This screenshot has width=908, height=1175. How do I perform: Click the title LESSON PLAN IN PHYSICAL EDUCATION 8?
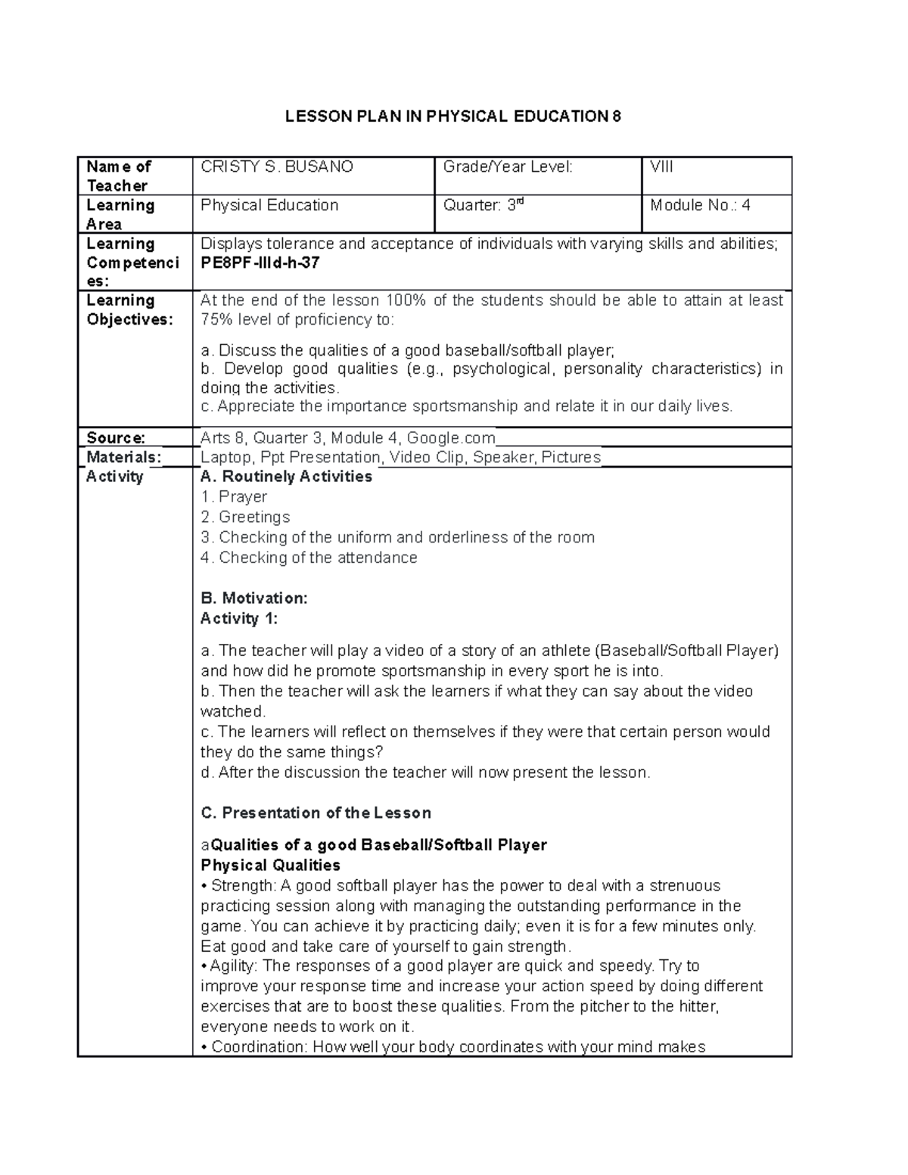tap(452, 117)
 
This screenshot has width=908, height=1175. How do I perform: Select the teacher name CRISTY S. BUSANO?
tap(277, 167)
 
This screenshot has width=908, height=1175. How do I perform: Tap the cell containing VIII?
tap(661, 167)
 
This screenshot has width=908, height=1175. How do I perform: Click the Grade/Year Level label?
tap(508, 167)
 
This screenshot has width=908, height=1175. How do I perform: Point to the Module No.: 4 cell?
tap(700, 206)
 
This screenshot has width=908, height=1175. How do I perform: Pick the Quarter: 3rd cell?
tap(484, 206)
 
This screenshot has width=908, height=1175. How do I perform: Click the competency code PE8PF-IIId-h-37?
tap(260, 263)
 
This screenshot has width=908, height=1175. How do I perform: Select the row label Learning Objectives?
tap(129, 310)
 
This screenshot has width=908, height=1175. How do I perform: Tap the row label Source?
tap(116, 438)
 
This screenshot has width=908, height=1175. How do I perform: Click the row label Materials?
tap(123, 457)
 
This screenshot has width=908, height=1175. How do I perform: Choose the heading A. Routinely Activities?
tap(286, 477)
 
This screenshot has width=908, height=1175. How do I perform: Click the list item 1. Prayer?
tap(234, 497)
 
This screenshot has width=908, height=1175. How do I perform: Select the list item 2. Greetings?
tap(245, 518)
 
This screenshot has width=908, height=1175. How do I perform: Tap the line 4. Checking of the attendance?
tap(309, 558)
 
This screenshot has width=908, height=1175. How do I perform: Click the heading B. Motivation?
tap(253, 598)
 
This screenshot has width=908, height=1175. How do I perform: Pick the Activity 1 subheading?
tap(239, 619)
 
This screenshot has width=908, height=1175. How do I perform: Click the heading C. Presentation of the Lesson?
tap(316, 813)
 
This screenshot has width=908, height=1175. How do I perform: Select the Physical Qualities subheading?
tap(270, 866)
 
